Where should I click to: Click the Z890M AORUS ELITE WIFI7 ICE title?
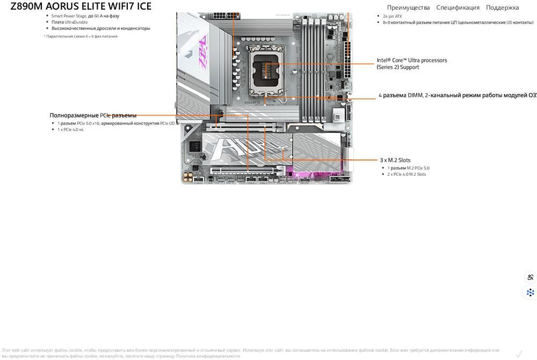[81, 6]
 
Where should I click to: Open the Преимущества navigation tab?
[408, 8]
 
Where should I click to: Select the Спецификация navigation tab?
[458, 8]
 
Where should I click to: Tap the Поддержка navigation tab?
[502, 8]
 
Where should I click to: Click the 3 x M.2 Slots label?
[395, 160]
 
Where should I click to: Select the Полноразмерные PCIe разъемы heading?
[93, 116]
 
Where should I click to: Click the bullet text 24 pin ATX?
[392, 17]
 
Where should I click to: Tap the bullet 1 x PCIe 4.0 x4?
[70, 129]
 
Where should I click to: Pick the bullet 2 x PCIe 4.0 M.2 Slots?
[407, 174]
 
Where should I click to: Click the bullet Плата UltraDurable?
[69, 22]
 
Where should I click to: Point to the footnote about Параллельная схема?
[81, 37]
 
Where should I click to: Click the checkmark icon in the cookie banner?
[519, 354]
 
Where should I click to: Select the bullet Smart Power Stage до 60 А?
[85, 16]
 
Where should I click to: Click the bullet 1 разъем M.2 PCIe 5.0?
[408, 168]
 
